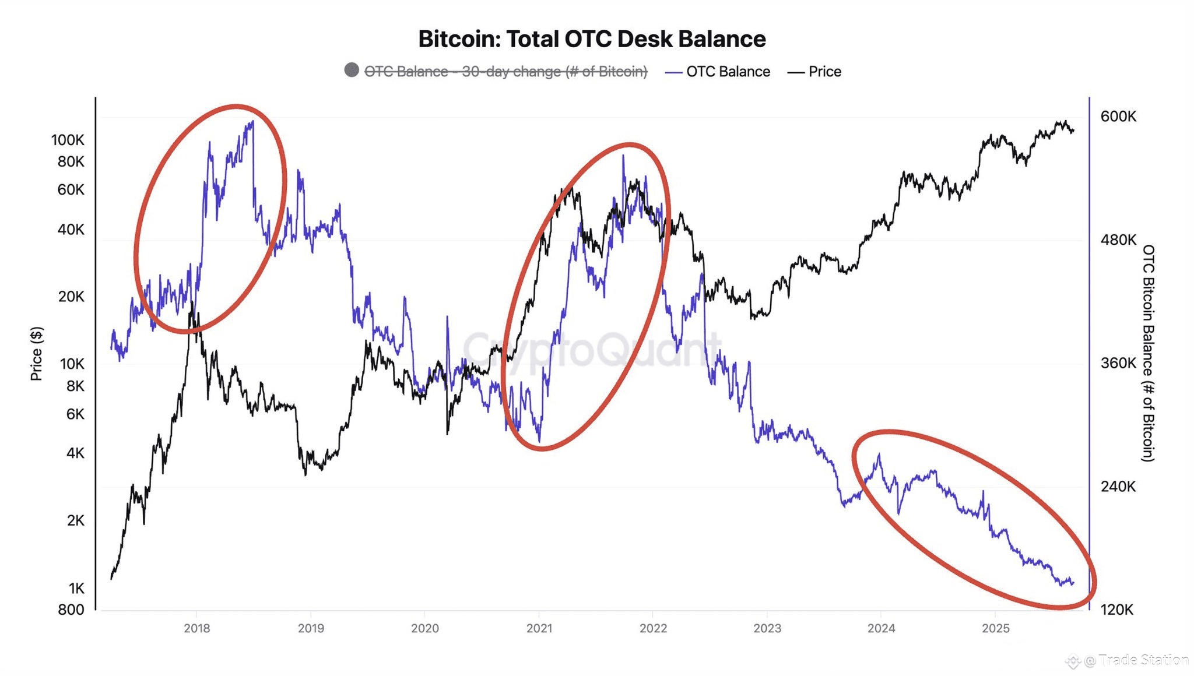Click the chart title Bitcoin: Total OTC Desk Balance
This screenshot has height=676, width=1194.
coord(592,39)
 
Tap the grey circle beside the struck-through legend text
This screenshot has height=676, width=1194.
coord(352,71)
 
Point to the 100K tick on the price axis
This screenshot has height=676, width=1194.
coord(68,140)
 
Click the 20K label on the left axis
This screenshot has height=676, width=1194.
coord(71,297)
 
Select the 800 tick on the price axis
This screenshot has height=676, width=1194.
coord(71,610)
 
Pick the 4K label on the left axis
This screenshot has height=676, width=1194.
coord(75,453)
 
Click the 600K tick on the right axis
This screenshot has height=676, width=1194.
coord(1118,117)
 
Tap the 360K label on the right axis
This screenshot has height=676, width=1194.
coord(1118,363)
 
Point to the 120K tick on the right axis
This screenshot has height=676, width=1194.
coord(1117,610)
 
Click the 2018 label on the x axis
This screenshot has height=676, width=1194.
coord(197,628)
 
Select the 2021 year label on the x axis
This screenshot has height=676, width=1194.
coord(539,628)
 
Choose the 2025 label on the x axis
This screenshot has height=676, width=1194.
coord(996,628)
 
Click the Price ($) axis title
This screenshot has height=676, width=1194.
coord(36,354)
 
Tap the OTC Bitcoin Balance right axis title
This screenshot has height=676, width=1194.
coord(1147,353)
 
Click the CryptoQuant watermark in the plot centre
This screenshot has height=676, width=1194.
coord(592,350)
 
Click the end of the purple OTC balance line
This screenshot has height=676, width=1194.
coord(1073,583)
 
